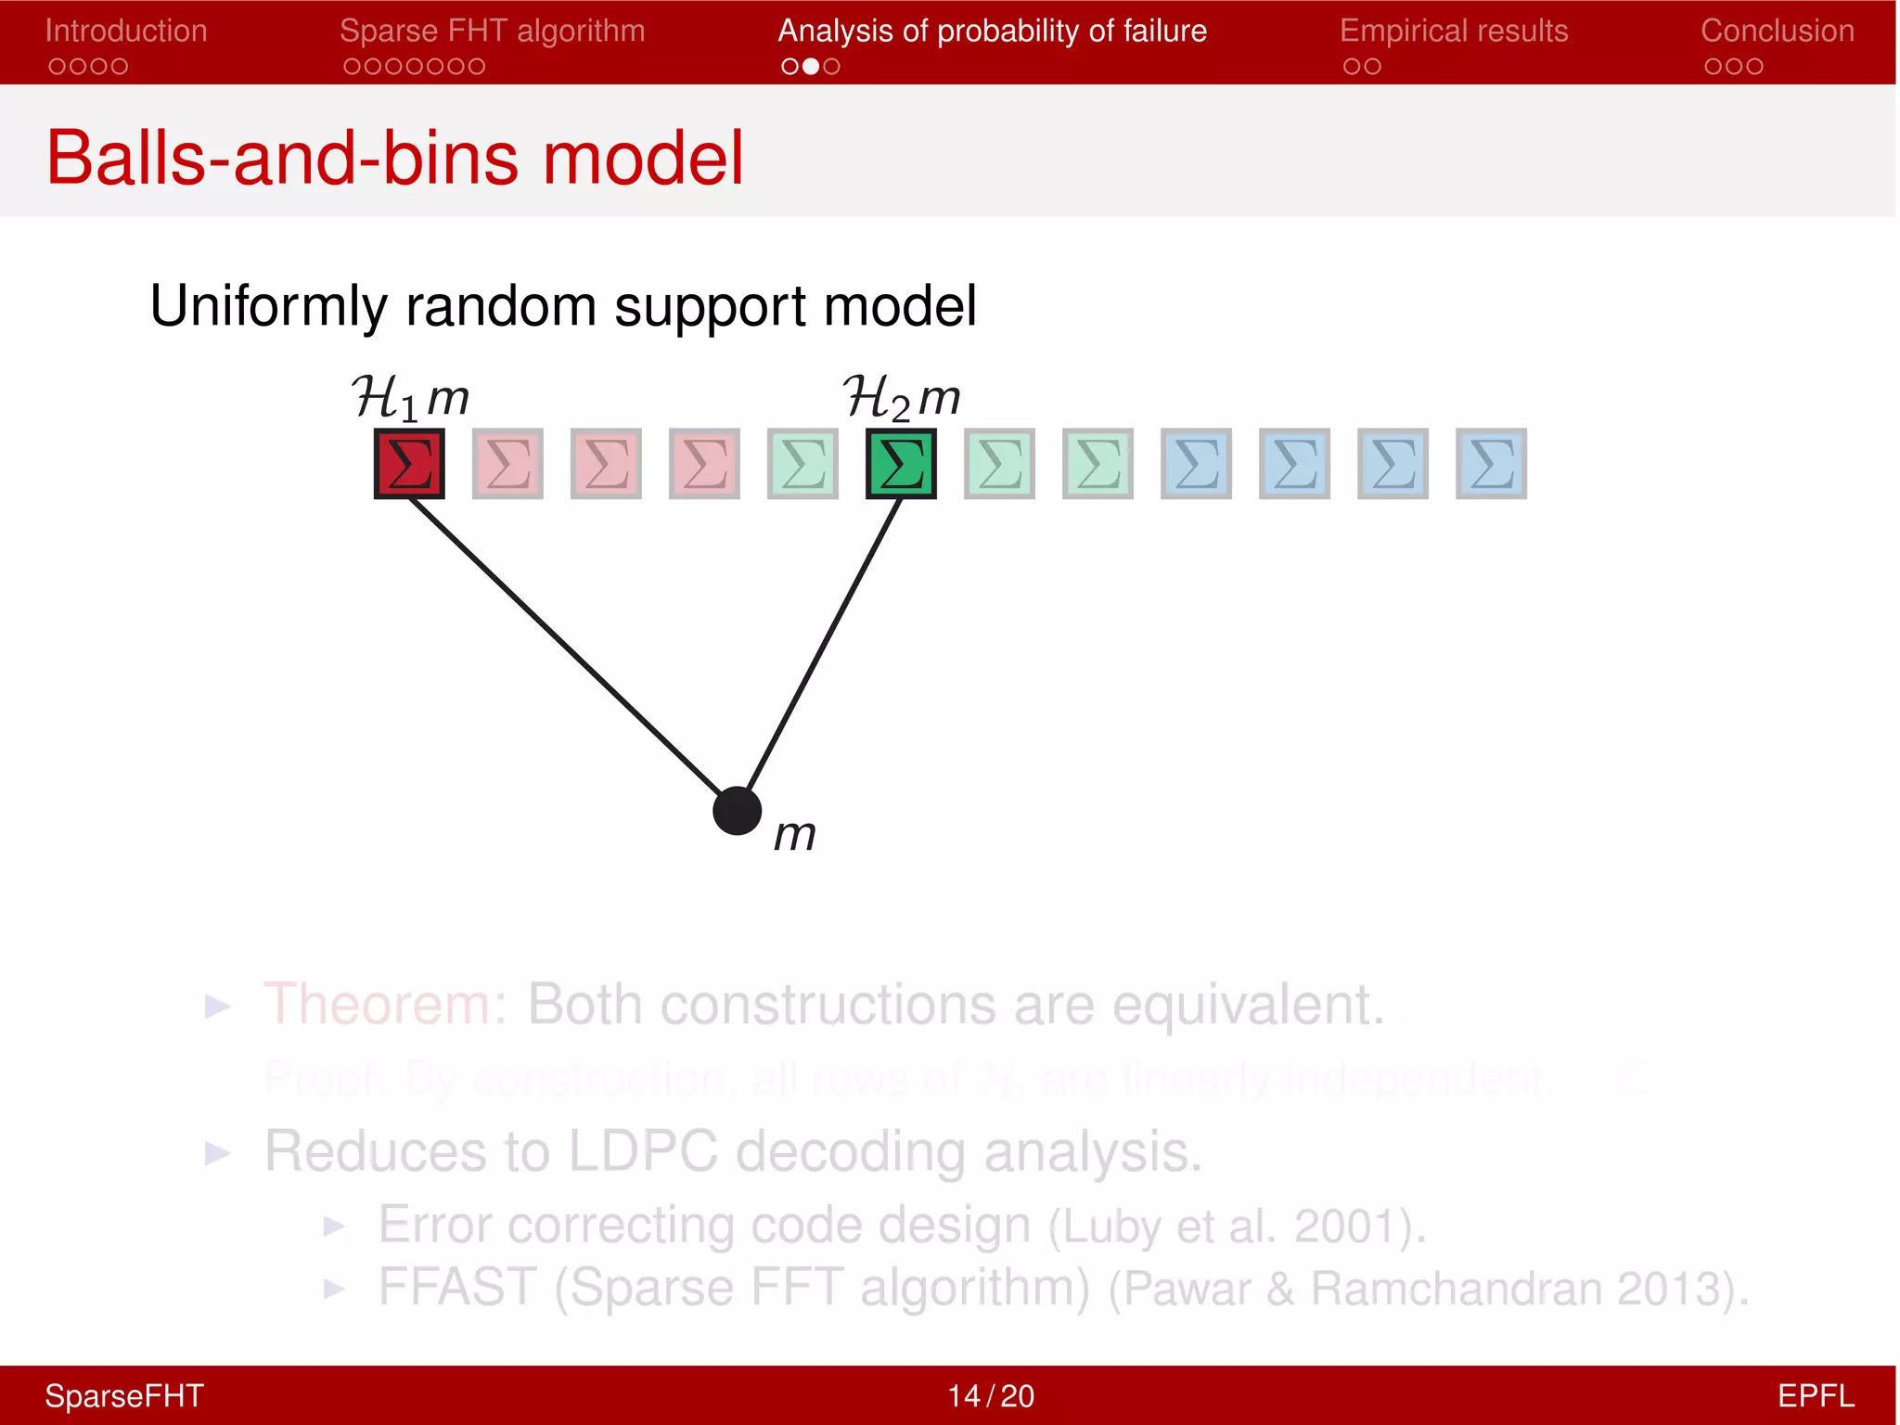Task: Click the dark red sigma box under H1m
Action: point(409,464)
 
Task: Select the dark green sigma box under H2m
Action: point(901,464)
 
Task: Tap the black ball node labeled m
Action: point(738,811)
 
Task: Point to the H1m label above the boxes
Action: point(410,398)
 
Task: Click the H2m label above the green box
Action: point(901,398)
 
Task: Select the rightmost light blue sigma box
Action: point(1491,464)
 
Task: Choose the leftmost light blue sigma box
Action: point(1196,464)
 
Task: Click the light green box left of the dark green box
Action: point(802,464)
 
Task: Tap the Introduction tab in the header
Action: point(126,32)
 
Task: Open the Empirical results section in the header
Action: point(1454,32)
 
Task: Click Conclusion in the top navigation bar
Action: point(1777,32)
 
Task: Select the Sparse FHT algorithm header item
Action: point(492,32)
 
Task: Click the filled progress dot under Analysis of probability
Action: point(811,67)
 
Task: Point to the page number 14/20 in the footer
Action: point(990,1395)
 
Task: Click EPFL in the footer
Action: point(1815,1395)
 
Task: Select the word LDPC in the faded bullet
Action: point(642,1152)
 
